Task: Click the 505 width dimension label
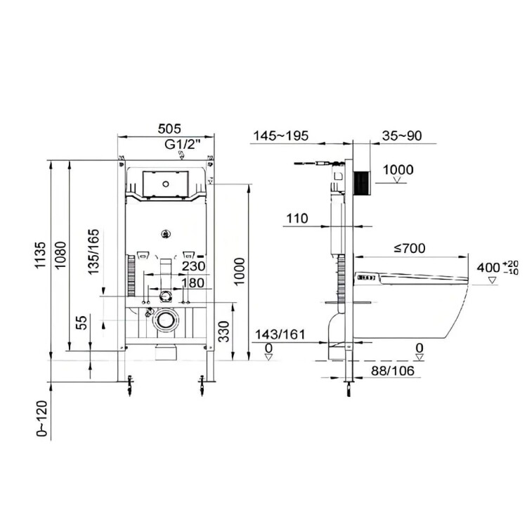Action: [169, 129]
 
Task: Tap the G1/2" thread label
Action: [183, 145]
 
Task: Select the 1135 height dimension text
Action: [40, 255]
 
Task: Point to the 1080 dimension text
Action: [61, 255]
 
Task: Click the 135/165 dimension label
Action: [94, 252]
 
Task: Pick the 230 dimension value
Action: [194, 266]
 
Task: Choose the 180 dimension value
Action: [193, 283]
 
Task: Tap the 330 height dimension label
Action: [223, 332]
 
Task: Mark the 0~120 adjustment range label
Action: [42, 419]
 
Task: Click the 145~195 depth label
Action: [280, 136]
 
